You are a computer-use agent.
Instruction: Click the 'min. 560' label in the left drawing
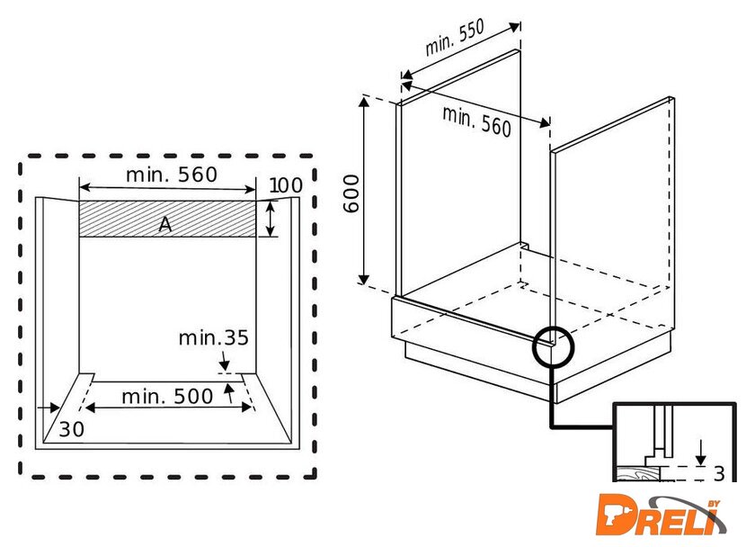[171, 175]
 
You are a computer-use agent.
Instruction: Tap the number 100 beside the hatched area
[285, 185]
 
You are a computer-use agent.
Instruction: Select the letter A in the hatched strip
[164, 225]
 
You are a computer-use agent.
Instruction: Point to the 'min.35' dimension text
[213, 338]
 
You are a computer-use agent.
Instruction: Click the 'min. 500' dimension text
[168, 396]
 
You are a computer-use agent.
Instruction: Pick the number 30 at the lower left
[72, 430]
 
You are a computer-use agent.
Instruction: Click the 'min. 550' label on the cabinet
[455, 38]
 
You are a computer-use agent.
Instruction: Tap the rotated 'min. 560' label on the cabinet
[476, 121]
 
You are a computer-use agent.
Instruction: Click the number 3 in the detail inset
[719, 474]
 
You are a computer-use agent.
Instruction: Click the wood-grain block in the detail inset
[639, 473]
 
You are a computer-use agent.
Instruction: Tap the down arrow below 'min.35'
[223, 362]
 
